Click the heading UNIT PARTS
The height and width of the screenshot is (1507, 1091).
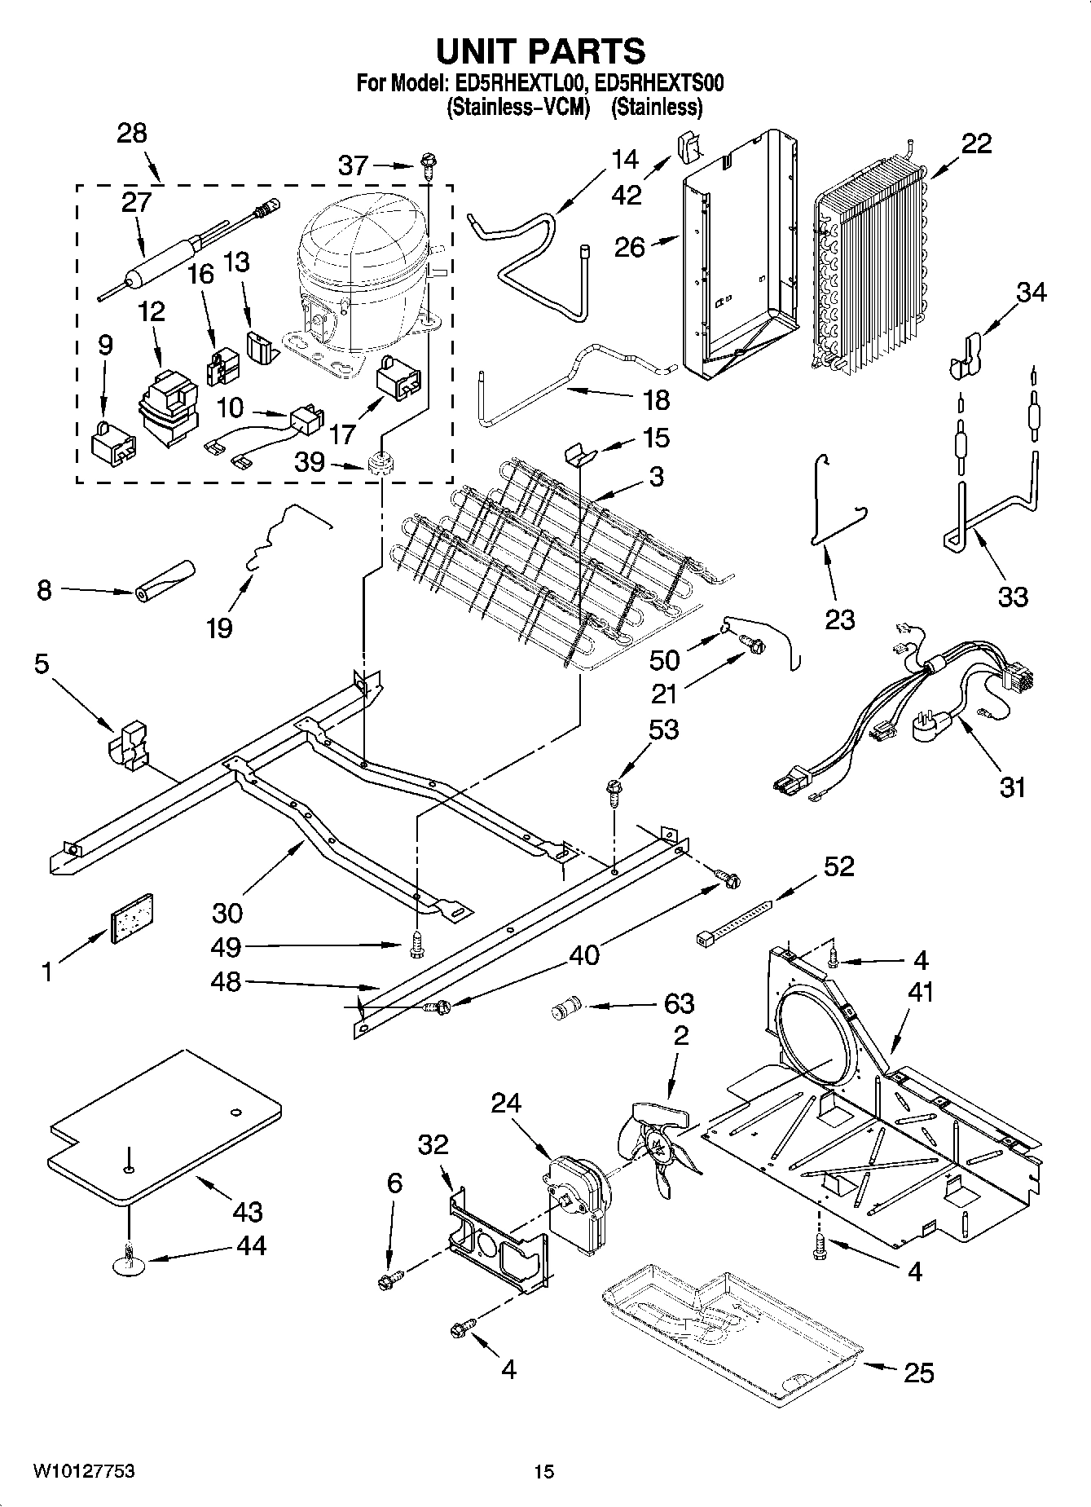coord(540,51)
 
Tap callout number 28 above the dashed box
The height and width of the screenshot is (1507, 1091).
coord(132,133)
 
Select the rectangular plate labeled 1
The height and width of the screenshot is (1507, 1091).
coord(131,919)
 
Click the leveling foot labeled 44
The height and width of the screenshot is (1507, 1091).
coord(128,1262)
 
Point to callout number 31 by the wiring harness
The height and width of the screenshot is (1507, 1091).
coord(1012,787)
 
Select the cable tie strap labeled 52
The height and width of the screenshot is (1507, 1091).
coord(733,923)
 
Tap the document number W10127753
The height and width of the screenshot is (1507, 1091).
coord(84,1471)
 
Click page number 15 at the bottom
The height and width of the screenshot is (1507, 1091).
coord(543,1471)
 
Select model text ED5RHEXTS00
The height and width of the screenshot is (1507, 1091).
coord(658,83)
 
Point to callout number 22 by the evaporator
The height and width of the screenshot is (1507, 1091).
coord(976,144)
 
